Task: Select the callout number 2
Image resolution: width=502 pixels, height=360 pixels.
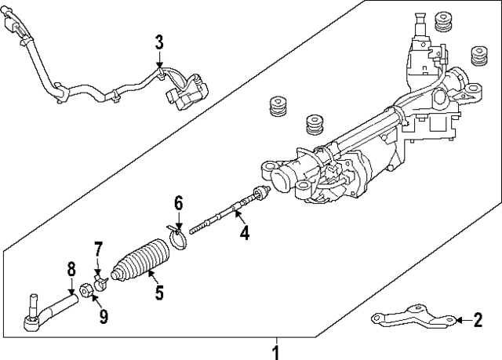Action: [477, 320]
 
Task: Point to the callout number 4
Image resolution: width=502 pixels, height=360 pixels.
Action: [245, 232]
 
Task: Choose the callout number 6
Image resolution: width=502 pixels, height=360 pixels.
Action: [178, 203]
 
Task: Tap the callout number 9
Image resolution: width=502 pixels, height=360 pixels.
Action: [103, 316]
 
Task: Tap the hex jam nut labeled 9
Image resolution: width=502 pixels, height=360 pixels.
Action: [89, 291]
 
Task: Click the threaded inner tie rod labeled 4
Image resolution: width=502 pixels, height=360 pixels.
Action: [227, 210]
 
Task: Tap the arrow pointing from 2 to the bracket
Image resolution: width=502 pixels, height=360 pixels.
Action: [461, 320]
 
